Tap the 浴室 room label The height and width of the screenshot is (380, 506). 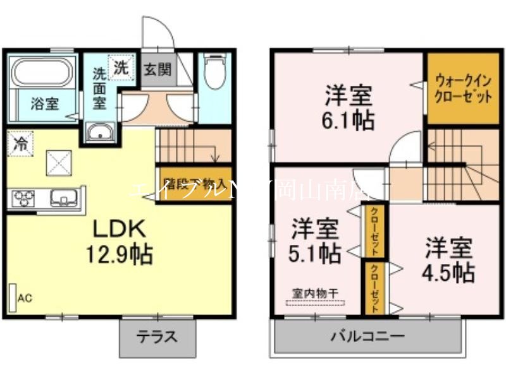(x=44, y=104)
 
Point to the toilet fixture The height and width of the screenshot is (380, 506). (x=215, y=74)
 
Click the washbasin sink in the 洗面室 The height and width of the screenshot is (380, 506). (x=99, y=133)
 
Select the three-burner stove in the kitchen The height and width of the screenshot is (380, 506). (x=23, y=199)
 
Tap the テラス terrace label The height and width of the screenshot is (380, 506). (x=156, y=336)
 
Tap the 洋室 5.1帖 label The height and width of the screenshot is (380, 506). (x=315, y=240)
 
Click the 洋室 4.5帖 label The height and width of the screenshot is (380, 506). (x=450, y=259)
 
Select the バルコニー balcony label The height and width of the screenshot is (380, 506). (x=367, y=336)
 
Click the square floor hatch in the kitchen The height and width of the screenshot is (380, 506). (x=59, y=163)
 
